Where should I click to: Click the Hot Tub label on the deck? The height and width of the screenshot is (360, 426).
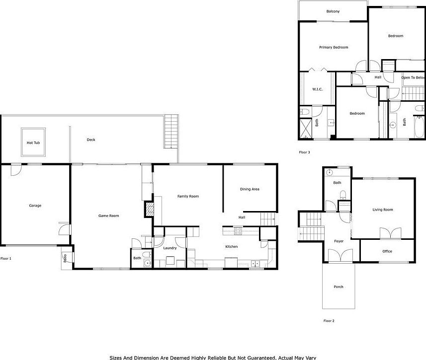(33, 143)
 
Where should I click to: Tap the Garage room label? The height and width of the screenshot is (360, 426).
(35, 206)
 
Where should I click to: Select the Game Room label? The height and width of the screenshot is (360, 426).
(108, 216)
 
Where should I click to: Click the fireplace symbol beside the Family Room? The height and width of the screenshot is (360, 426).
(149, 209)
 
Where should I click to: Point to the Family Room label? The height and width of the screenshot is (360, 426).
(188, 196)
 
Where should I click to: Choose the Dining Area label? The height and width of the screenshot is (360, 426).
(250, 189)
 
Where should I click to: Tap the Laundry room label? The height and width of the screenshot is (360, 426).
(170, 248)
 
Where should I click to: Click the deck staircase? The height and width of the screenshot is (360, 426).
(170, 131)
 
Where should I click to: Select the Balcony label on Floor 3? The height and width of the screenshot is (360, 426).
(333, 11)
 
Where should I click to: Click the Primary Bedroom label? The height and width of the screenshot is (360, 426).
(333, 47)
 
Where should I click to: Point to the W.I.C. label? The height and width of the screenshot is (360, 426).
(318, 89)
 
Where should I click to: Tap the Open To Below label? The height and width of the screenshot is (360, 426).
(414, 77)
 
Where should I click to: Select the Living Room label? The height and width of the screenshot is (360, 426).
(383, 210)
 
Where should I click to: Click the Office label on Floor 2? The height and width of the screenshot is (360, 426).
(387, 251)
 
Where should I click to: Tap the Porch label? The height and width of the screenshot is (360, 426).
(338, 287)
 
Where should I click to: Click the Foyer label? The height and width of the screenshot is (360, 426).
(339, 241)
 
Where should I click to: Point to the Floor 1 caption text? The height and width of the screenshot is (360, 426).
(6, 259)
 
